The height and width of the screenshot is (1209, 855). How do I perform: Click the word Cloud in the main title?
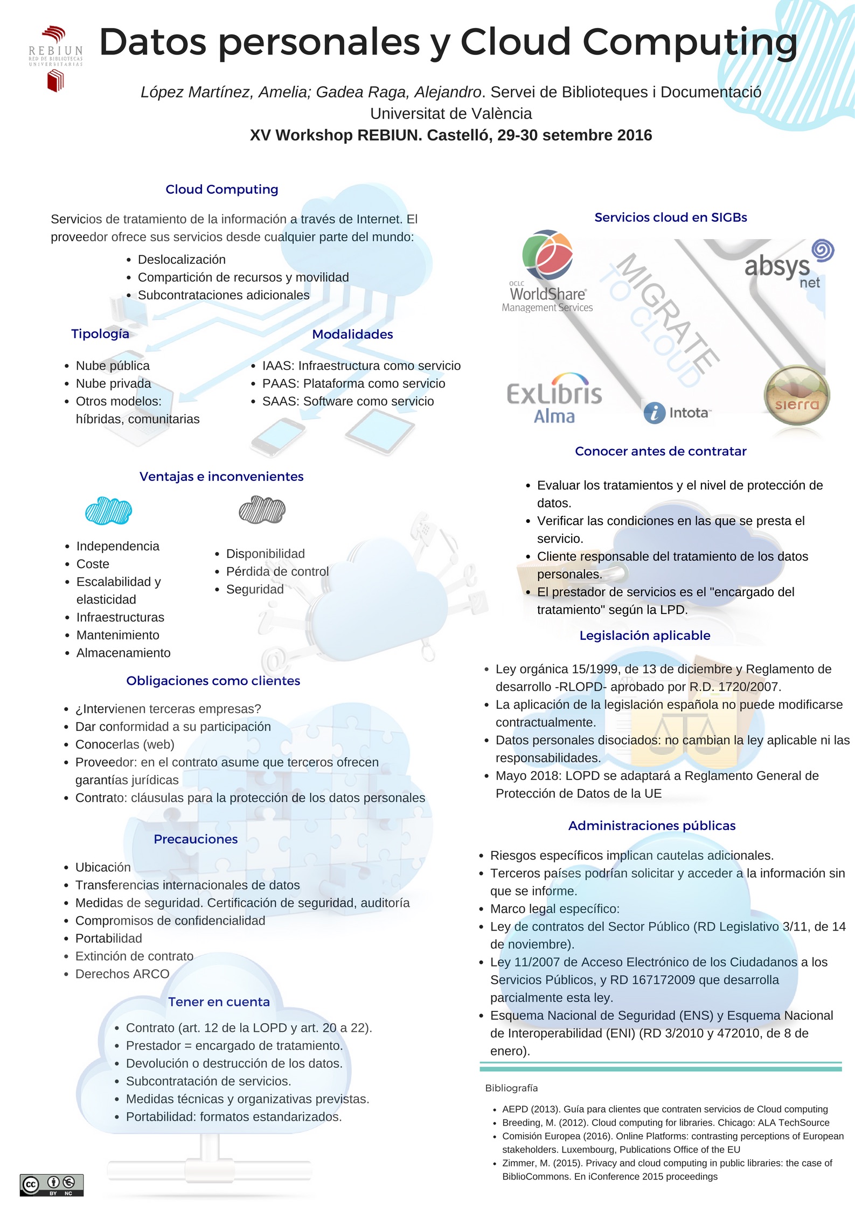[515, 42]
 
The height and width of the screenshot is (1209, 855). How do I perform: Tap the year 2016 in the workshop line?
[635, 135]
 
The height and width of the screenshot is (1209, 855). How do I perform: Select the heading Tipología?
[100, 334]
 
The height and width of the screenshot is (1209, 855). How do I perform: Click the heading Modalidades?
[352, 334]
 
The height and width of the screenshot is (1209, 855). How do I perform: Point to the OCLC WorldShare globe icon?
[547, 255]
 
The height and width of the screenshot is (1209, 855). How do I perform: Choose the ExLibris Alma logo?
[554, 399]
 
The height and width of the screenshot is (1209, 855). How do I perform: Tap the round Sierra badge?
[796, 396]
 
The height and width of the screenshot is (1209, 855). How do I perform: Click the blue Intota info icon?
[654, 413]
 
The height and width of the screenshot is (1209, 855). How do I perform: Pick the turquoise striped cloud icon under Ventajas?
[108, 511]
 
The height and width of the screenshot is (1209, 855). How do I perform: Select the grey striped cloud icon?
[262, 509]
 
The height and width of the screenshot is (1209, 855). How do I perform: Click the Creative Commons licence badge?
[52, 1185]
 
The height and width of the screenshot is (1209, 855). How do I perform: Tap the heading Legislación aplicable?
[644, 635]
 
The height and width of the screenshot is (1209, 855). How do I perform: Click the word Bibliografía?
[511, 1088]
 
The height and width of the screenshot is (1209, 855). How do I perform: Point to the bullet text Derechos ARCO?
[122, 974]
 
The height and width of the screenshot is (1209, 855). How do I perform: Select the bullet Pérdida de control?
[277, 571]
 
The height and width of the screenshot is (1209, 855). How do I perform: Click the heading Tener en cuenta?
[219, 1002]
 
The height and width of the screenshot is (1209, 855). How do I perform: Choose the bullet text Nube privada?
[113, 383]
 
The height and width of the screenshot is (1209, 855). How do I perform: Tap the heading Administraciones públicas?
[651, 826]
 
